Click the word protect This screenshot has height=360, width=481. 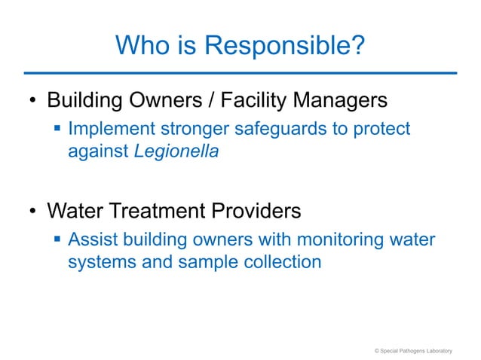[382, 130]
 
